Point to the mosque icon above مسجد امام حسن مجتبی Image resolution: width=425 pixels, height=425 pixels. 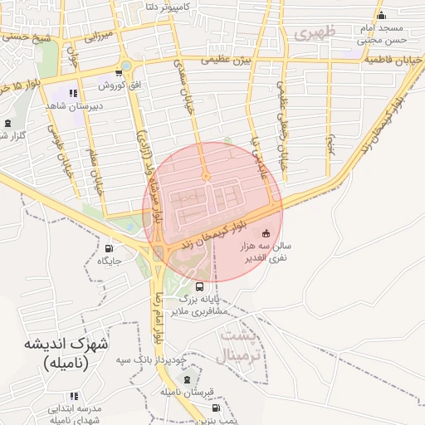pyautogui.click(x=381, y=16)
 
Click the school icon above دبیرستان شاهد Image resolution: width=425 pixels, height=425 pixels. pyautogui.click(x=74, y=94)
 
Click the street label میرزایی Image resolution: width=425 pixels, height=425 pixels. pyautogui.click(x=98, y=37)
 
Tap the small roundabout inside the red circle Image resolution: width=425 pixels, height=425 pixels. pyautogui.click(x=207, y=177)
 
